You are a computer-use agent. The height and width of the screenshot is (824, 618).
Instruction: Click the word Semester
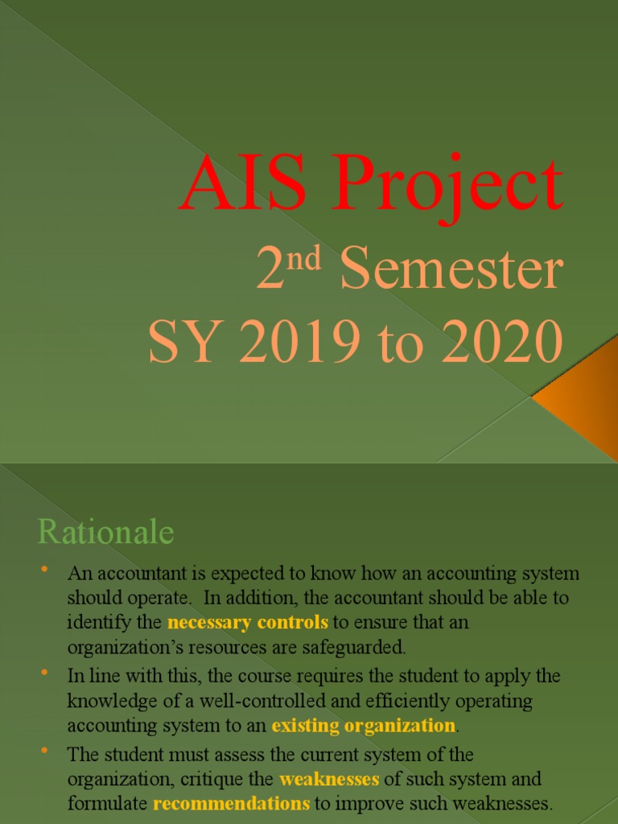[450, 271]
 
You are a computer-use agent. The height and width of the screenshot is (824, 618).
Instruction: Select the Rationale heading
[105, 533]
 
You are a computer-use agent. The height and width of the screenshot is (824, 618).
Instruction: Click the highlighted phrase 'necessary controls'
[248, 622]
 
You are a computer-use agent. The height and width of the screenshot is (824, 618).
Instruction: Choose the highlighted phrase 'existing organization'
[364, 726]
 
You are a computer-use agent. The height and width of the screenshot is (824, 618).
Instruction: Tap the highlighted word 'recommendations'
[232, 804]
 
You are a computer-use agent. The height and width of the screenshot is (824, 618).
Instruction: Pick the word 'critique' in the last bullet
[245, 780]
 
